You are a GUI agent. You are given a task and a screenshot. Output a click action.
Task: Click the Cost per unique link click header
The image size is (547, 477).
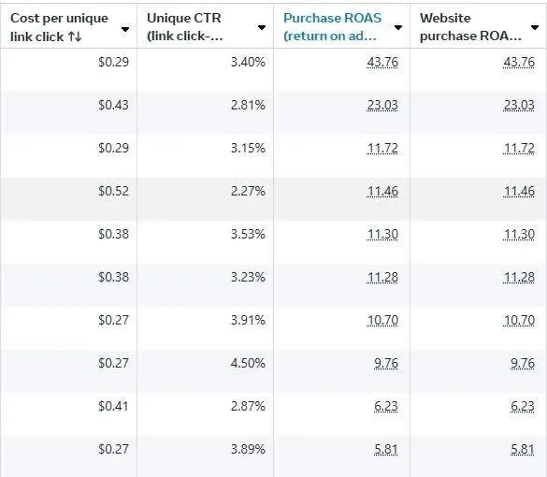coord(59,27)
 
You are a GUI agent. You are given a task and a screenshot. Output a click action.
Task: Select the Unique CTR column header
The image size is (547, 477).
coord(184,27)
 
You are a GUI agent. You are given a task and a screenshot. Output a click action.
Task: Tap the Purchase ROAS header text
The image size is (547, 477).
coord(333,27)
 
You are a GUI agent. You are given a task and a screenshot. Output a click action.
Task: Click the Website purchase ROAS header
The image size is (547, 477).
coord(470,27)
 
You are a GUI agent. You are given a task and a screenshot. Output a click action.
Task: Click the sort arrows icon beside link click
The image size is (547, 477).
coord(75,36)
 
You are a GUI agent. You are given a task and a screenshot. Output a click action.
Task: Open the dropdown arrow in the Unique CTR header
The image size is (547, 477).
coord(262,27)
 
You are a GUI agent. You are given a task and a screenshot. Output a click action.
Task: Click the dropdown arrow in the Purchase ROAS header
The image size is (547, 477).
coord(398,27)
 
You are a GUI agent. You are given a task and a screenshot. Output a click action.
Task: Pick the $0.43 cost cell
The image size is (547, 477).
coord(113,105)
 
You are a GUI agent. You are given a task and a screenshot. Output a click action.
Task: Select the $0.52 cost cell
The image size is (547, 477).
coord(113,191)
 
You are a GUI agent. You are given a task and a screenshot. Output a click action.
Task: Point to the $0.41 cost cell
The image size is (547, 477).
coord(113,406)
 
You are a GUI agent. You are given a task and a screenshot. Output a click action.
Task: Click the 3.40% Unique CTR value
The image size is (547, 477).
coord(248,62)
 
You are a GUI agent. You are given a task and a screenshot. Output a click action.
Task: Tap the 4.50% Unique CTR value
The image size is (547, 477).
coord(248,363)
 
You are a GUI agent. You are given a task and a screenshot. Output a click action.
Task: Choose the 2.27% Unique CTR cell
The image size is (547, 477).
coord(248,191)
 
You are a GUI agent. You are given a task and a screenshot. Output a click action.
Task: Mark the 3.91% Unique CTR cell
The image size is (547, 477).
coord(248,320)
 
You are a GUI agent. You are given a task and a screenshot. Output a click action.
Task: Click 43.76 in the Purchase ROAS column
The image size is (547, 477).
coord(382,62)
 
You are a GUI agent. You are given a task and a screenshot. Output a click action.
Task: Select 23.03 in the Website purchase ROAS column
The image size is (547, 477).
coord(519,105)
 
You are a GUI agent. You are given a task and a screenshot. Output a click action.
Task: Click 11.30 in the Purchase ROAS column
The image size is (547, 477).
coord(382,234)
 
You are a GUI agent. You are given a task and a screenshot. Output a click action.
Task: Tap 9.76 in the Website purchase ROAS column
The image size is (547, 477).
coord(523,363)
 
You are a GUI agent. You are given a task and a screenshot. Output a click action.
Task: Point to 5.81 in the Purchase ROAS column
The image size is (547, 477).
coord(386,449)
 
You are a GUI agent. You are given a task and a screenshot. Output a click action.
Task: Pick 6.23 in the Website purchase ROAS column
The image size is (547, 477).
coord(523,406)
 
